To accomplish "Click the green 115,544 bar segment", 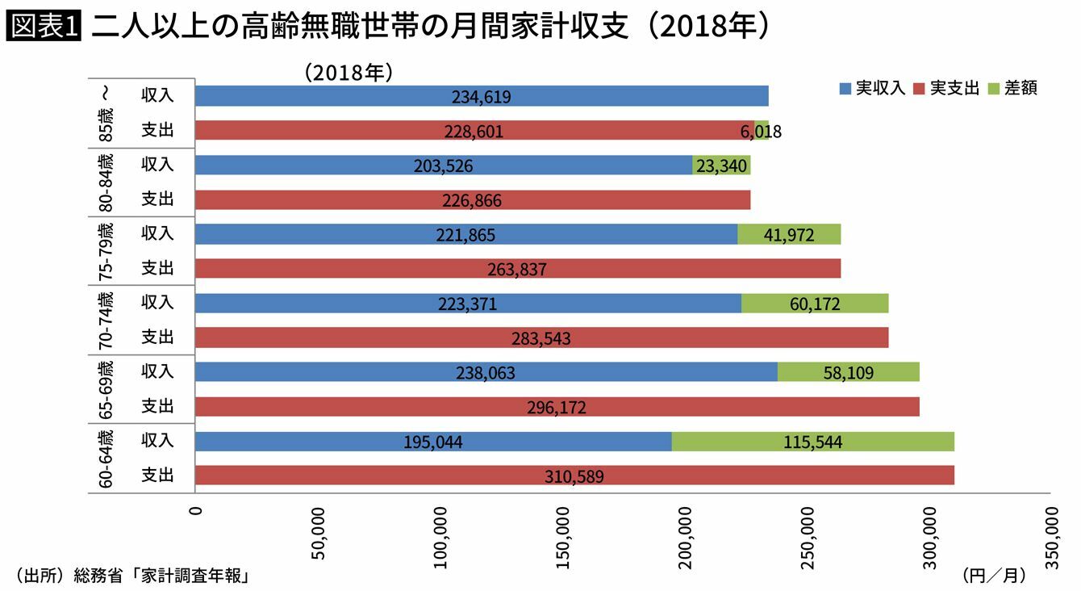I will pyautogui.click(x=812, y=442).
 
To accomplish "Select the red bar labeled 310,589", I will pyautogui.click(x=574, y=476).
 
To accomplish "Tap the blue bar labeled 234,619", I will pyautogui.click(x=482, y=97).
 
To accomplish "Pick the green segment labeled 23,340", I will pyautogui.click(x=721, y=166).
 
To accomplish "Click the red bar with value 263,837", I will pyautogui.click(x=517, y=269).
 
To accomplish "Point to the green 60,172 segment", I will pyautogui.click(x=815, y=304).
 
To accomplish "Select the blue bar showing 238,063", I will pyautogui.click(x=486, y=372).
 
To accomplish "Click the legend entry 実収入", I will pyautogui.click(x=874, y=88).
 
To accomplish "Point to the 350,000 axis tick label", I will pyautogui.click(x=1052, y=538).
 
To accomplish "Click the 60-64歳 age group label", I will pyautogui.click(x=105, y=459).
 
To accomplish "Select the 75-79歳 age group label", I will pyautogui.click(x=105, y=251).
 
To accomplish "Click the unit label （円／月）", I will pyautogui.click(x=993, y=576).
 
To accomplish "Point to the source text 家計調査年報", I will pyautogui.click(x=194, y=576).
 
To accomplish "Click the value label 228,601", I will pyautogui.click(x=474, y=132).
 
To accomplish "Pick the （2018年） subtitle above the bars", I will pyautogui.click(x=349, y=73).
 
